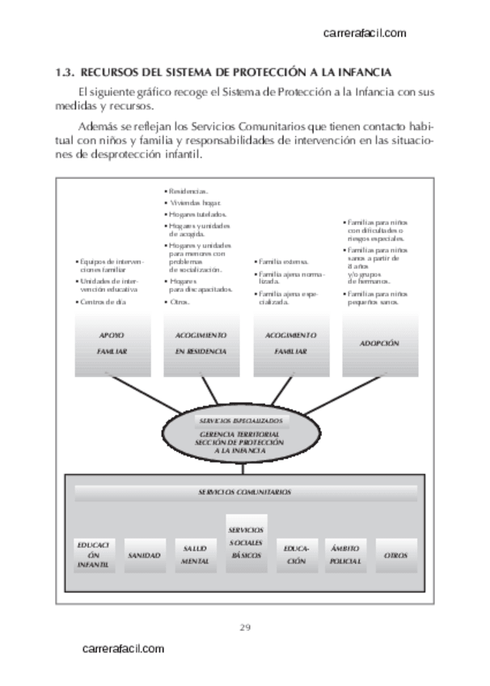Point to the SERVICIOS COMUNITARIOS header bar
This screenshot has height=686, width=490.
pyautogui.click(x=245, y=492)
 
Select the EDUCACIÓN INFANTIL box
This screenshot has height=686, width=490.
pyautogui.click(x=94, y=555)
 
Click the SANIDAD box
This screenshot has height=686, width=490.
pyautogui.click(x=144, y=556)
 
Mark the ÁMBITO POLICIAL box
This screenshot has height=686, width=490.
pyautogui.click(x=345, y=555)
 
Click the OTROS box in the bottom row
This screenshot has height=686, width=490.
pyautogui.click(x=395, y=556)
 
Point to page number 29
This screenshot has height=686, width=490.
pyautogui.click(x=245, y=627)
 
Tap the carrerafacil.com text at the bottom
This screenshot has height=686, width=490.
pyautogui.click(x=124, y=649)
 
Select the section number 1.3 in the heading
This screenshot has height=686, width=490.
pyautogui.click(x=63, y=73)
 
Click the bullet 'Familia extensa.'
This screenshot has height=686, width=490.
pyautogui.click(x=279, y=262)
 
